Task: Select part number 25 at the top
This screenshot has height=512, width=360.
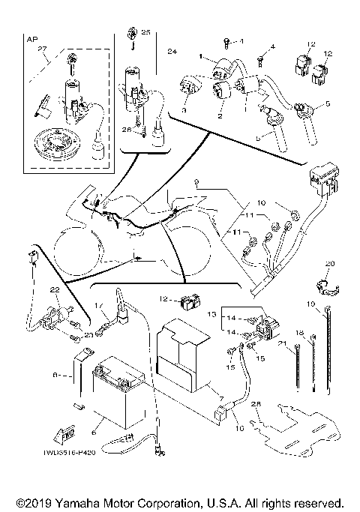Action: click(x=145, y=33)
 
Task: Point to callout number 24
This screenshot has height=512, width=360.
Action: click(x=172, y=52)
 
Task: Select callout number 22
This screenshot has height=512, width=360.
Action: click(x=54, y=290)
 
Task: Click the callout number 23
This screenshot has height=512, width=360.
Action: click(x=88, y=335)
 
